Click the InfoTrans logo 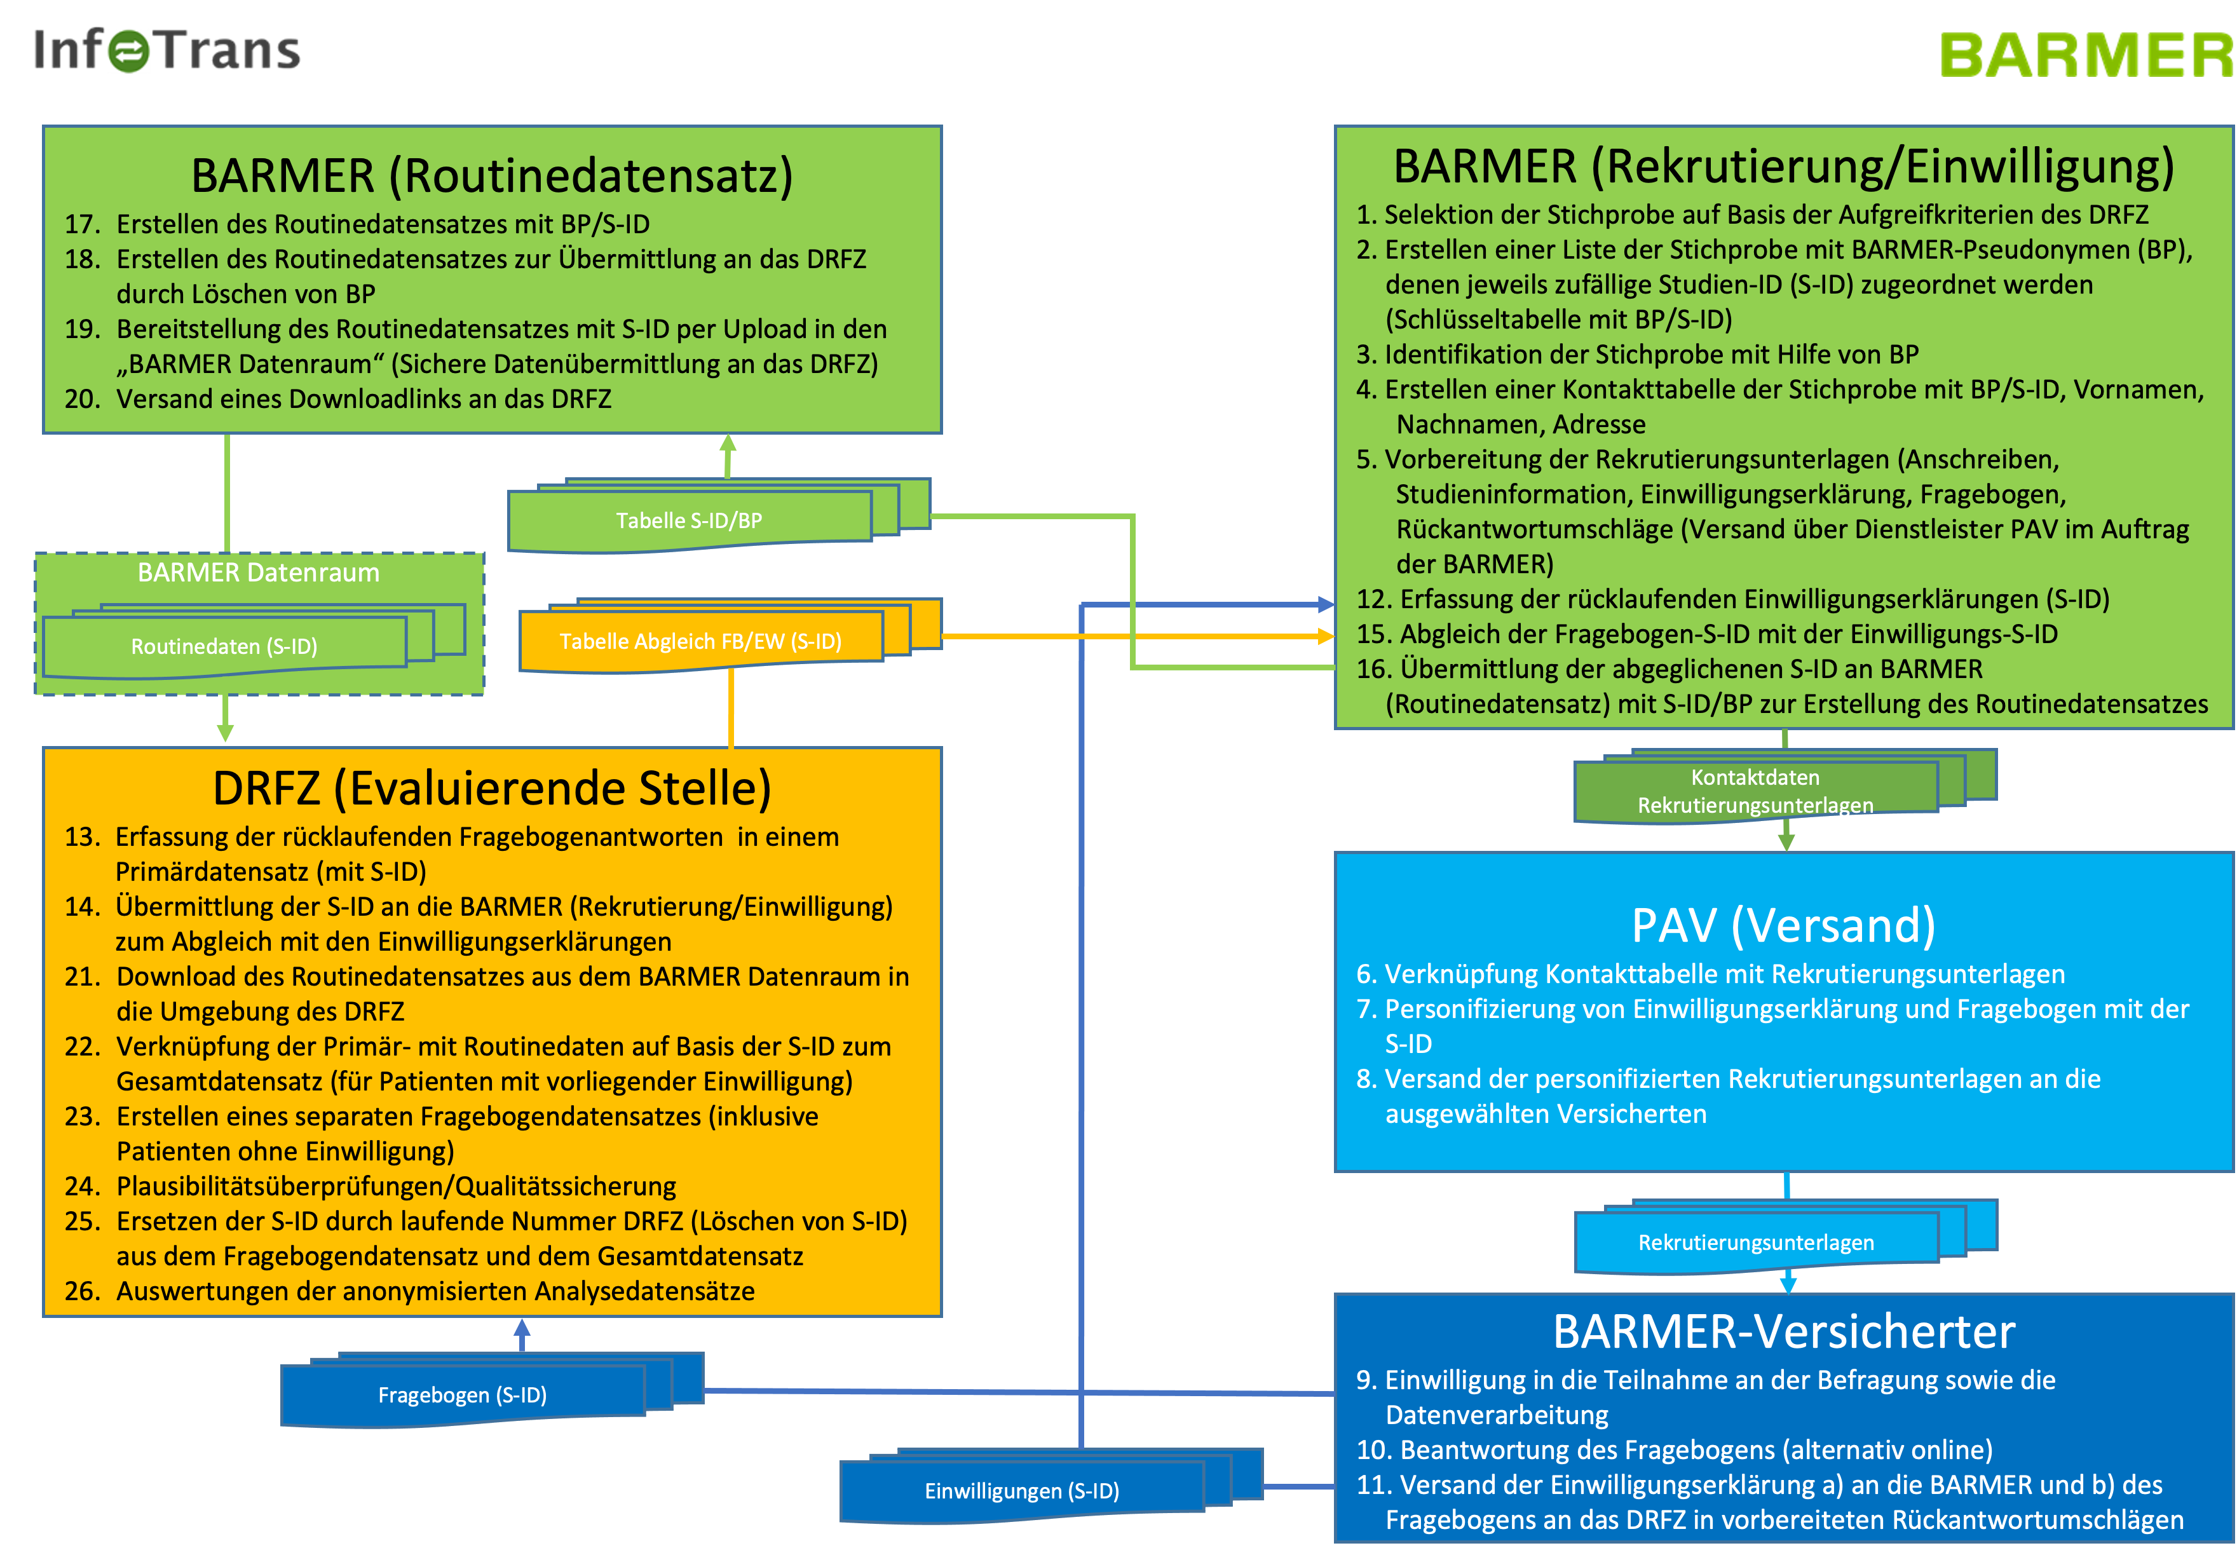[x=167, y=51]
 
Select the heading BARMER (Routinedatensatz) [x=492, y=175]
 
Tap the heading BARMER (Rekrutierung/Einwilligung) [x=1783, y=166]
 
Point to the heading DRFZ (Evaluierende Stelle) [x=492, y=787]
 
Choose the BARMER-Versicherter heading [x=1783, y=1331]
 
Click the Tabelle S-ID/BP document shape [x=690, y=520]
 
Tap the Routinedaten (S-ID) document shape [x=224, y=646]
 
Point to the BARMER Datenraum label [x=258, y=572]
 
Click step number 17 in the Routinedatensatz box [x=83, y=224]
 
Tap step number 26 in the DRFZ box [x=83, y=1291]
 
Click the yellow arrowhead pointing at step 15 [x=1325, y=636]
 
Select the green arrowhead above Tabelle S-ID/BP [x=728, y=444]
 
